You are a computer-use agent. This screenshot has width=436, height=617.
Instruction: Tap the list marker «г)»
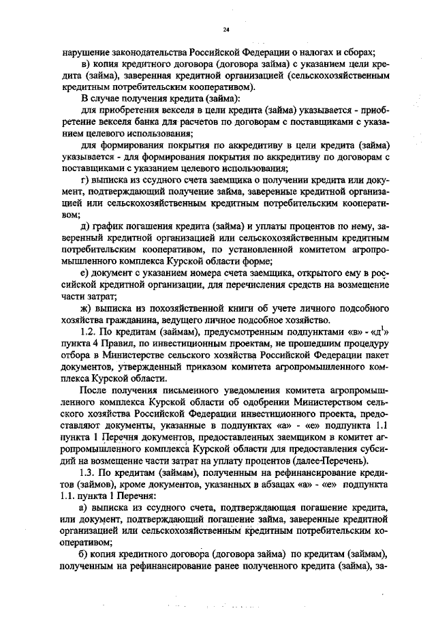pyautogui.click(x=85, y=180)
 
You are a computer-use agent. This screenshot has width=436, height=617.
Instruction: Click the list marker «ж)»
pyautogui.click(x=87, y=308)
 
